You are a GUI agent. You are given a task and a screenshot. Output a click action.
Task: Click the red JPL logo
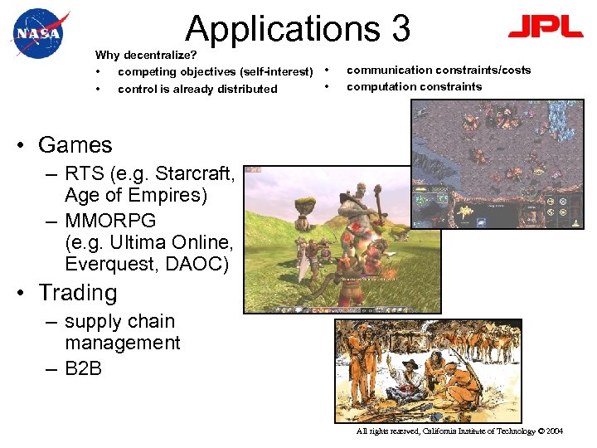coord(546,28)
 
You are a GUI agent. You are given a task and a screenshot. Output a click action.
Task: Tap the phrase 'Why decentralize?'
coord(146,56)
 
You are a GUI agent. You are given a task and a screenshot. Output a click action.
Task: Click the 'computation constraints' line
coord(414,86)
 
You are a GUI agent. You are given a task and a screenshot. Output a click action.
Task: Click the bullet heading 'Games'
coord(75,145)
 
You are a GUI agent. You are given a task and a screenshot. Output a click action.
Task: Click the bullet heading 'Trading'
coord(78,293)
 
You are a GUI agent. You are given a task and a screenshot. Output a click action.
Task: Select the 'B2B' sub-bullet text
coord(83,368)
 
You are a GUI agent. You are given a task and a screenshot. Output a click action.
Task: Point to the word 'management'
coord(122,343)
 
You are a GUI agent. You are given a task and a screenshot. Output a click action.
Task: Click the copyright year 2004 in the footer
coord(552,431)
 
